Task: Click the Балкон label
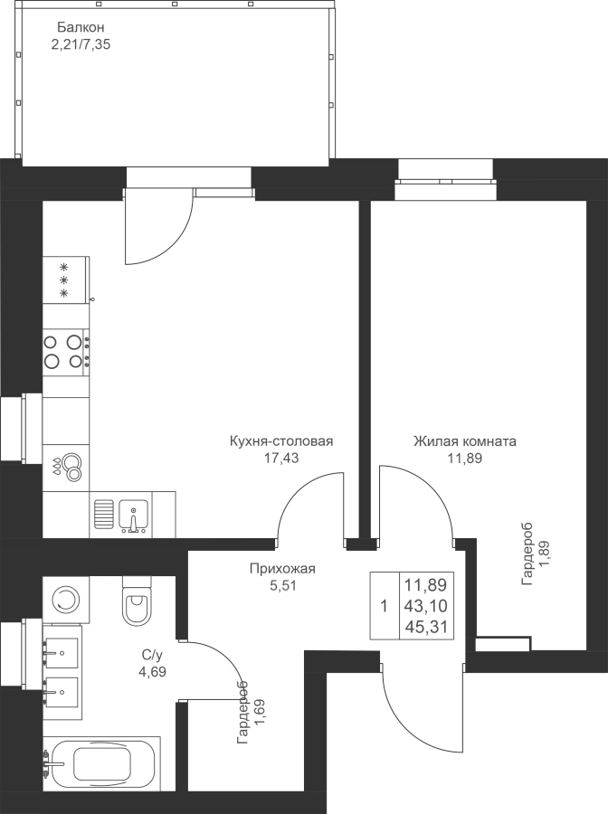tap(81, 27)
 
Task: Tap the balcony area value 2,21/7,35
tap(81, 44)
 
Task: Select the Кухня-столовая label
tap(280, 441)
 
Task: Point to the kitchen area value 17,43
tap(280, 458)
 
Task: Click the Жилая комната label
tap(465, 441)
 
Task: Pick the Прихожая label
tap(282, 569)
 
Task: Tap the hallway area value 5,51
tap(282, 585)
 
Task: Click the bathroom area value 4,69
tap(152, 671)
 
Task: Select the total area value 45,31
tap(426, 627)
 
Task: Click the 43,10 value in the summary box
tap(426, 606)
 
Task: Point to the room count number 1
tap(385, 606)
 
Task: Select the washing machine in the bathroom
tap(65, 600)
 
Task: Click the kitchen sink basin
tap(133, 516)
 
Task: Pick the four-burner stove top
tap(66, 351)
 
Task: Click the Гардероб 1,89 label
tap(536, 554)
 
